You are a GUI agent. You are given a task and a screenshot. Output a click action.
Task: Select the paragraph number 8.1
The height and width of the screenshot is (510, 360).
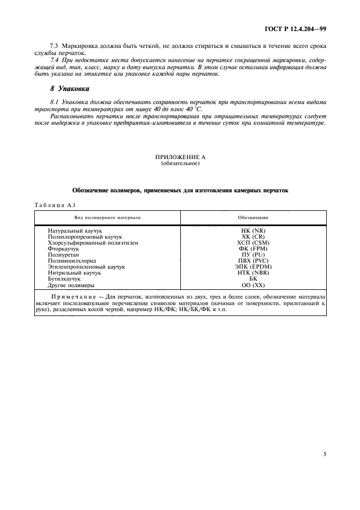(x=54, y=102)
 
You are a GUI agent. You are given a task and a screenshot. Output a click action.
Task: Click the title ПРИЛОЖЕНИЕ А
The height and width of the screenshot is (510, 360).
(x=180, y=157)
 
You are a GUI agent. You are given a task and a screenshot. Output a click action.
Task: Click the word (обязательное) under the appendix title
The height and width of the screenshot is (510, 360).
(x=180, y=163)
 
